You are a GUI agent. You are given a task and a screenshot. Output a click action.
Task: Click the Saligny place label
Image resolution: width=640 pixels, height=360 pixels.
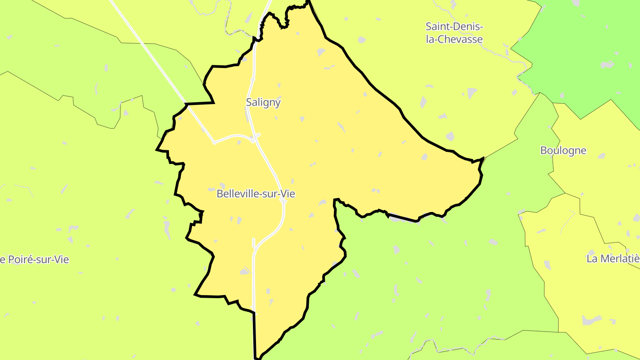(x=263, y=102)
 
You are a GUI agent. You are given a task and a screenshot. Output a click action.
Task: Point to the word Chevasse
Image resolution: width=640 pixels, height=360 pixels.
(x=460, y=39)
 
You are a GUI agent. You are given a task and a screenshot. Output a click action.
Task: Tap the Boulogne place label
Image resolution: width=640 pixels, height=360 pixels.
(x=563, y=150)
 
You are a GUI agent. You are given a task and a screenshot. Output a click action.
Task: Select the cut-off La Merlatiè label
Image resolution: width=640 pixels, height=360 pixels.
(x=613, y=259)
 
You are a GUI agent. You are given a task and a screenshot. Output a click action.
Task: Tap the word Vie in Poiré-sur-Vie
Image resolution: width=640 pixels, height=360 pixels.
(x=61, y=260)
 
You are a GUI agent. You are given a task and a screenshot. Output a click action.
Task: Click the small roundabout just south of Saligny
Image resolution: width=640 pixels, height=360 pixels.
(x=258, y=135)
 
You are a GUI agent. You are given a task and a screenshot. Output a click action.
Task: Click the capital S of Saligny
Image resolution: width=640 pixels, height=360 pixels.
(x=249, y=102)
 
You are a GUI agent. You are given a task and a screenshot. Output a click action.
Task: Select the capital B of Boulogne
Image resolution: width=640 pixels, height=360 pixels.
(x=544, y=150)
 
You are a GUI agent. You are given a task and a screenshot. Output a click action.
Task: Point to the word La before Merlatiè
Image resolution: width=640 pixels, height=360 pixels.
(x=592, y=259)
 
